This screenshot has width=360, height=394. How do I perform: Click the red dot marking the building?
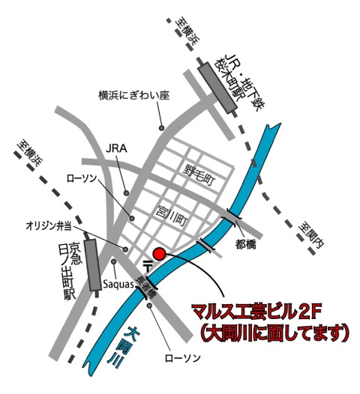tap(158, 253)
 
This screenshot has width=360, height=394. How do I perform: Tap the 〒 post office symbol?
tap(148, 265)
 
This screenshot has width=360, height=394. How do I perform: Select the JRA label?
tap(118, 148)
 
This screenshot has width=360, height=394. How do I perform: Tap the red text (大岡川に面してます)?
tap(276, 330)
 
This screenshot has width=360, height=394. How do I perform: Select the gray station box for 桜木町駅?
tap(217, 87)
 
